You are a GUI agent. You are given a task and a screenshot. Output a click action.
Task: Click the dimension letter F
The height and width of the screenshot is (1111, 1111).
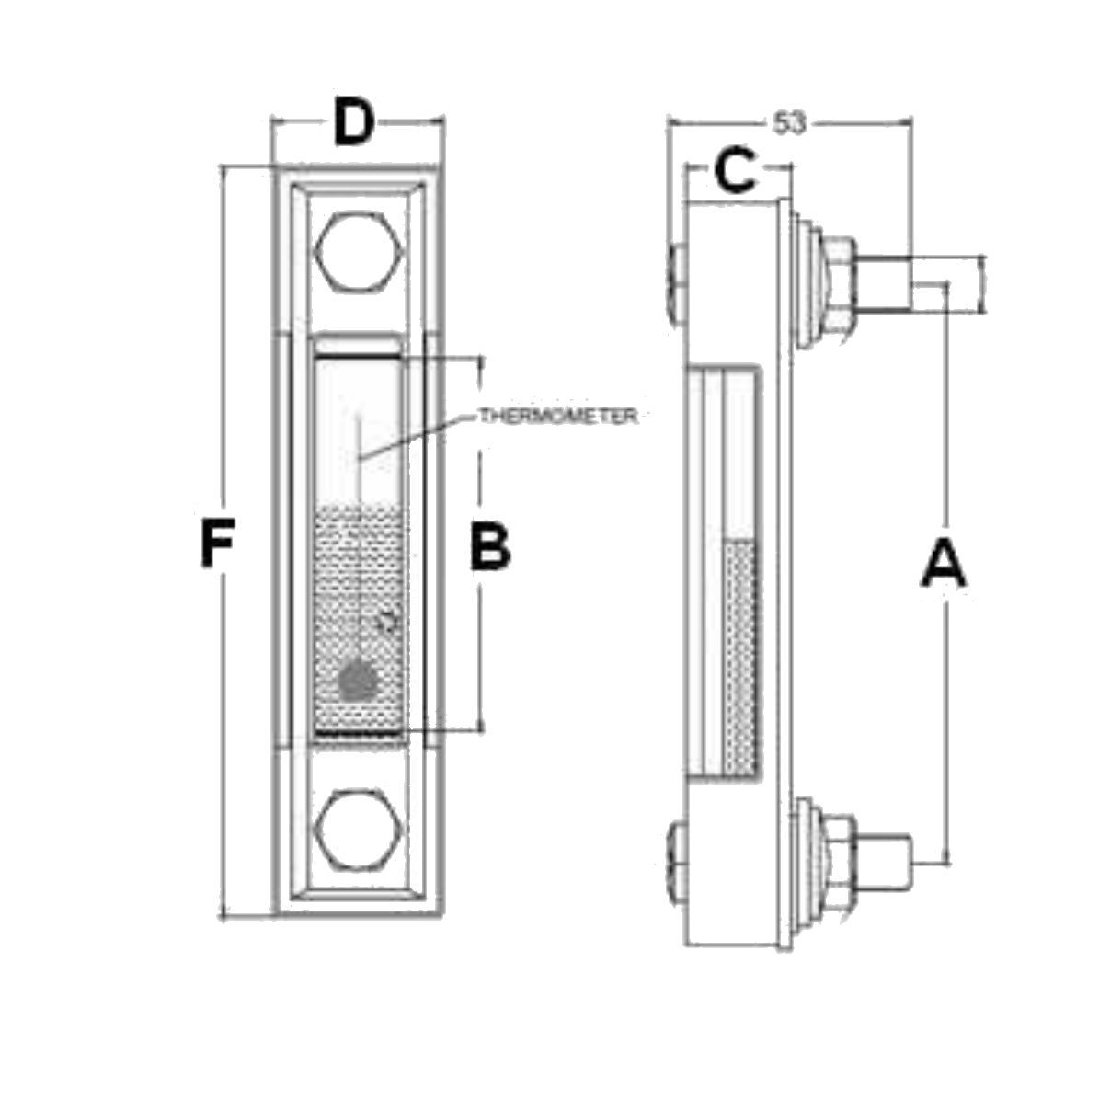218,544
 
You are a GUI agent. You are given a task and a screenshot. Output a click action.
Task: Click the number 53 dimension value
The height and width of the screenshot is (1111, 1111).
789,123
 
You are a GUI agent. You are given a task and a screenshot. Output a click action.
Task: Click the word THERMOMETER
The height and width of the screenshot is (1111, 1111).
558,417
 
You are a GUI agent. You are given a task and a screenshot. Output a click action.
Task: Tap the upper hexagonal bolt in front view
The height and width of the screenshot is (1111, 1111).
358,251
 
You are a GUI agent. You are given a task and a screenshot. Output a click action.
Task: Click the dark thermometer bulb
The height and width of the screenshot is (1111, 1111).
358,681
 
